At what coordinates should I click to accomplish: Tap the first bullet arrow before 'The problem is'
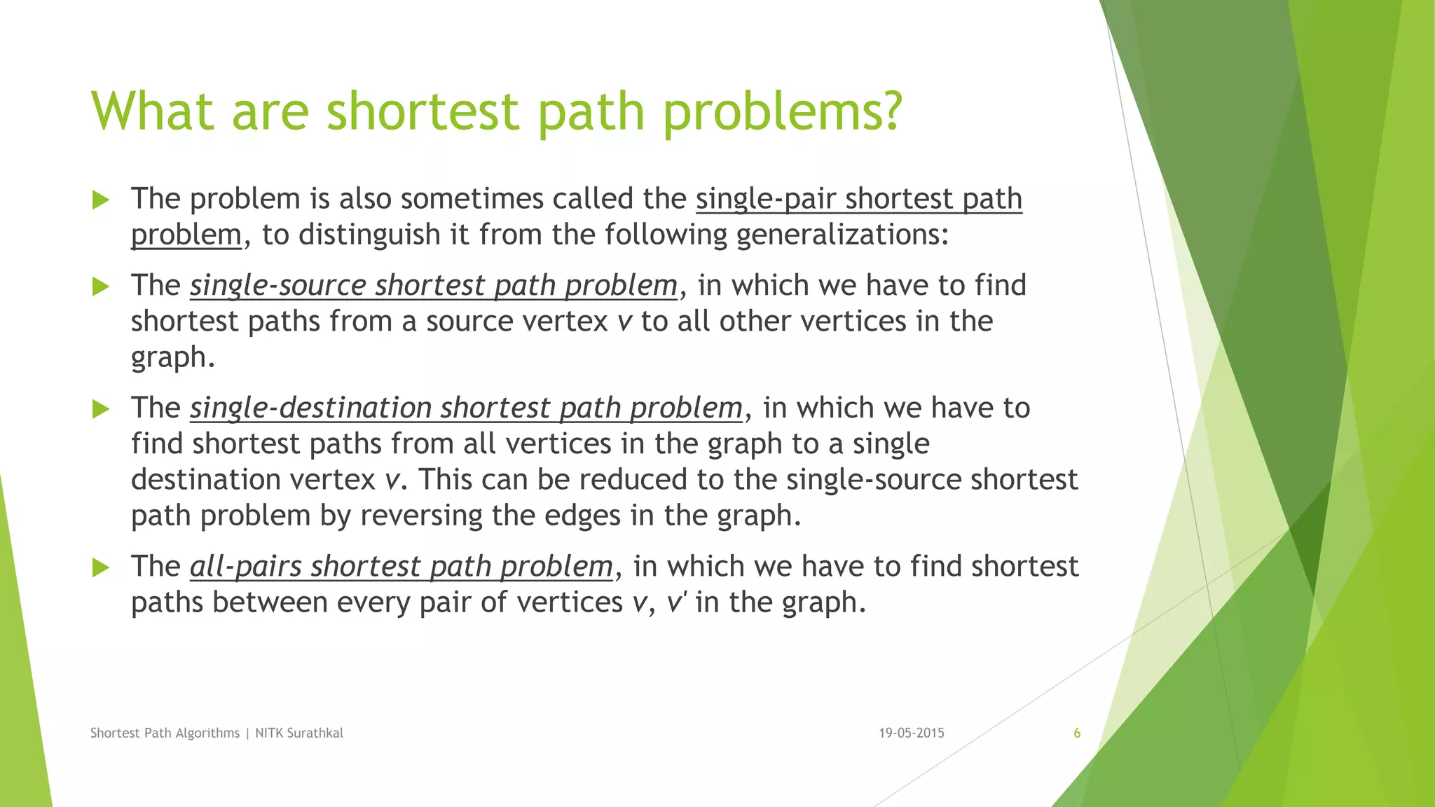point(101,200)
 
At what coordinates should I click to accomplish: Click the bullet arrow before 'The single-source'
point(101,287)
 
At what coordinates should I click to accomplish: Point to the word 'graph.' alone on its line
point(172,358)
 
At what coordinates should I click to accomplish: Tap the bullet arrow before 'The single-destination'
point(101,409)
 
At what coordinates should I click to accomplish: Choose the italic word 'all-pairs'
point(246,567)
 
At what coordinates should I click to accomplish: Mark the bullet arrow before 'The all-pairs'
point(101,567)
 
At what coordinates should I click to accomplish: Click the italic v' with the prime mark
point(675,602)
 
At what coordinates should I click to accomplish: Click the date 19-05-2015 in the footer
point(911,733)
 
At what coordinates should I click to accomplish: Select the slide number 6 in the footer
point(1077,733)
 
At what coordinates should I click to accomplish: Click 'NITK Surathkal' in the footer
point(299,733)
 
